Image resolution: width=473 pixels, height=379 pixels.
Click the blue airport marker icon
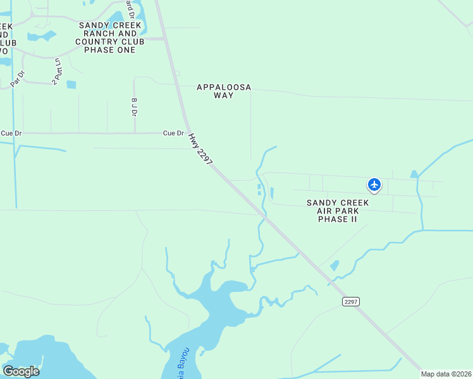coord(374,184)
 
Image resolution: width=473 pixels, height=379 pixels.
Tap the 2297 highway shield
coord(351,302)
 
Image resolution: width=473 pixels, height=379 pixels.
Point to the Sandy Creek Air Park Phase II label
coord(337,210)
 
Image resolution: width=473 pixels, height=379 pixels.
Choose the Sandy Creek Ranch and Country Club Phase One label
coord(110,37)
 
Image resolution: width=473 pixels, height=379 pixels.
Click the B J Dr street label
coord(134,107)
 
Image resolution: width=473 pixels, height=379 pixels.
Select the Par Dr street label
coord(18,78)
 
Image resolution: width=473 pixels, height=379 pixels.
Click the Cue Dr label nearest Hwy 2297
coord(173,133)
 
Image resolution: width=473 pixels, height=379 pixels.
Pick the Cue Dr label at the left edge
coord(11,133)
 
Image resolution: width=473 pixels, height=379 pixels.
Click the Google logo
coord(21,371)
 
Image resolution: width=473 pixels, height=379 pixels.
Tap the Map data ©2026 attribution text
coord(446,374)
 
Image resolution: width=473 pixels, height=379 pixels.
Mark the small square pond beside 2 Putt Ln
coord(71,84)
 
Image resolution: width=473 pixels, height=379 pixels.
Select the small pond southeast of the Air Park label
coord(335,266)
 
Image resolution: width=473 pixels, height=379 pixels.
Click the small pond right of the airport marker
coord(414,174)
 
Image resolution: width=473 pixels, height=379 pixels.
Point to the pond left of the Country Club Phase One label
coord(42,36)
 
